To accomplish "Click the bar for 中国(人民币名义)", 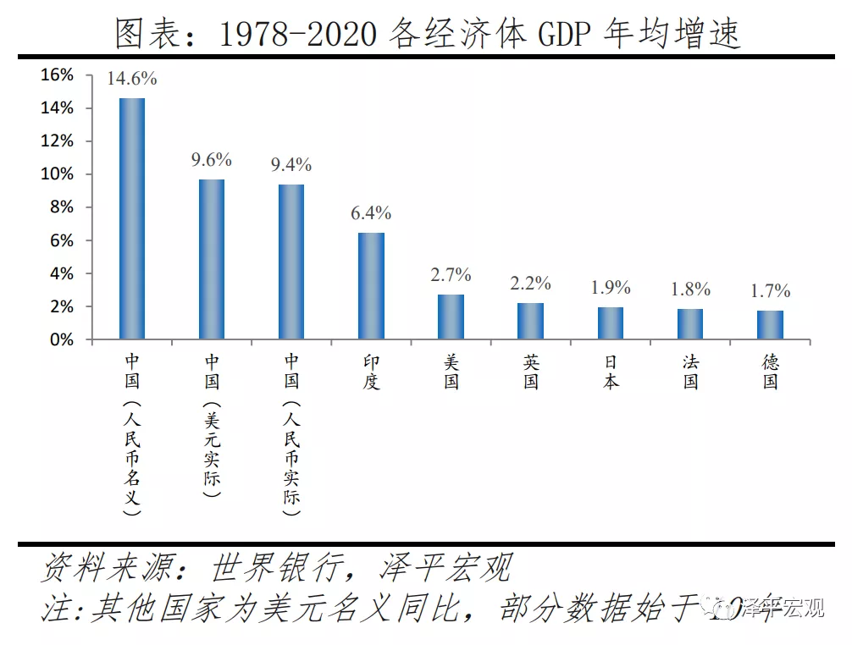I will (x=132, y=218).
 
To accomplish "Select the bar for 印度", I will (x=371, y=286).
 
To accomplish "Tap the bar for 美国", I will (x=451, y=317).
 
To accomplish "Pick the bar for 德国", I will (x=770, y=325).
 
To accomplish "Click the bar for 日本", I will (x=611, y=323).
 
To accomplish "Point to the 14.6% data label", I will (x=132, y=80).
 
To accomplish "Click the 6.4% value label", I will (x=371, y=213).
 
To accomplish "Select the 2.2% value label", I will (x=530, y=284).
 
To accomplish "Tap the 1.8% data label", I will (x=690, y=289).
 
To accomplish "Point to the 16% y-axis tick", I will (x=58, y=75).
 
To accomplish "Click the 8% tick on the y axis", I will (x=62, y=207).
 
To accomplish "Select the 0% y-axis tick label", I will (x=62, y=339).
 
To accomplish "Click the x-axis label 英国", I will (x=531, y=372).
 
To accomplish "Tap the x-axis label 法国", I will (x=690, y=372).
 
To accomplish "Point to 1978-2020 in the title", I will (x=297, y=34).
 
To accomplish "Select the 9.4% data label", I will (x=291, y=164).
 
